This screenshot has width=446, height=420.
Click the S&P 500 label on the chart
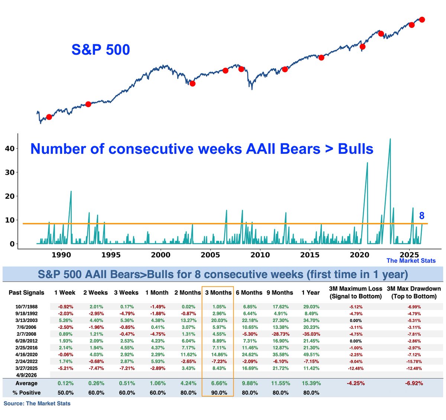pos(100,50)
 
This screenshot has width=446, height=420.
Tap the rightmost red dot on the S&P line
pos(422,19)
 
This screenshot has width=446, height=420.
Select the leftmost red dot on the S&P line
pos(49,117)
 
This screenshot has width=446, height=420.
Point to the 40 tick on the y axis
pos(10,149)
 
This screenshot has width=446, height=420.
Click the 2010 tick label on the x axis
pos(260,255)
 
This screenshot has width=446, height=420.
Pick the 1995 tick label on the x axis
pos(111,255)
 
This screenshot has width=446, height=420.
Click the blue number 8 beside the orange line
pos(421,216)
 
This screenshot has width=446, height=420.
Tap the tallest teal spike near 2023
pos(390,139)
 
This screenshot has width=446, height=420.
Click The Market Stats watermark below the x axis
pos(411,261)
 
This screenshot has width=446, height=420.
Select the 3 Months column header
pos(218,293)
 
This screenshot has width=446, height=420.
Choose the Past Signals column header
pos(26,293)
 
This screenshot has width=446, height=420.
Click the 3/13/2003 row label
pos(26,320)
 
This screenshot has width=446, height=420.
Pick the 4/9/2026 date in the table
pos(26,375)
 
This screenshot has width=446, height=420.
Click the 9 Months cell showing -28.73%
pos(281,334)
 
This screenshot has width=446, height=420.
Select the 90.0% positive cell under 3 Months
pos(219,392)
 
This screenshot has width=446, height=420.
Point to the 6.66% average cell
pos(219,383)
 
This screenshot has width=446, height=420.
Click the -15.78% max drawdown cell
pos(413,362)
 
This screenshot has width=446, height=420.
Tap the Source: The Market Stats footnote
pos(37,403)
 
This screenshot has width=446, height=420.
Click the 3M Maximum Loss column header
pos(355,292)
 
